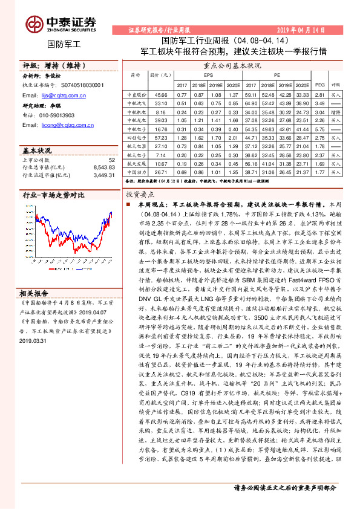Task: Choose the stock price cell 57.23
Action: (160, 138)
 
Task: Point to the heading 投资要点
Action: (140, 196)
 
